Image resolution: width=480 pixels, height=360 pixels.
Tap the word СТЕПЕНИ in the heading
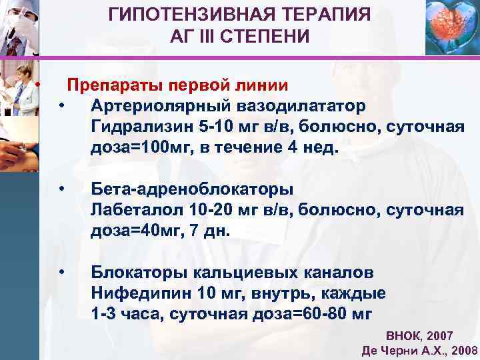(x=272, y=36)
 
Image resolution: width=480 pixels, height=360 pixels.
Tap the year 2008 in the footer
(x=464, y=351)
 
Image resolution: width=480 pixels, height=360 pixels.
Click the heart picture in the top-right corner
(x=451, y=27)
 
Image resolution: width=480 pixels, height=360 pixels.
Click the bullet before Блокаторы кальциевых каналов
(x=61, y=273)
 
